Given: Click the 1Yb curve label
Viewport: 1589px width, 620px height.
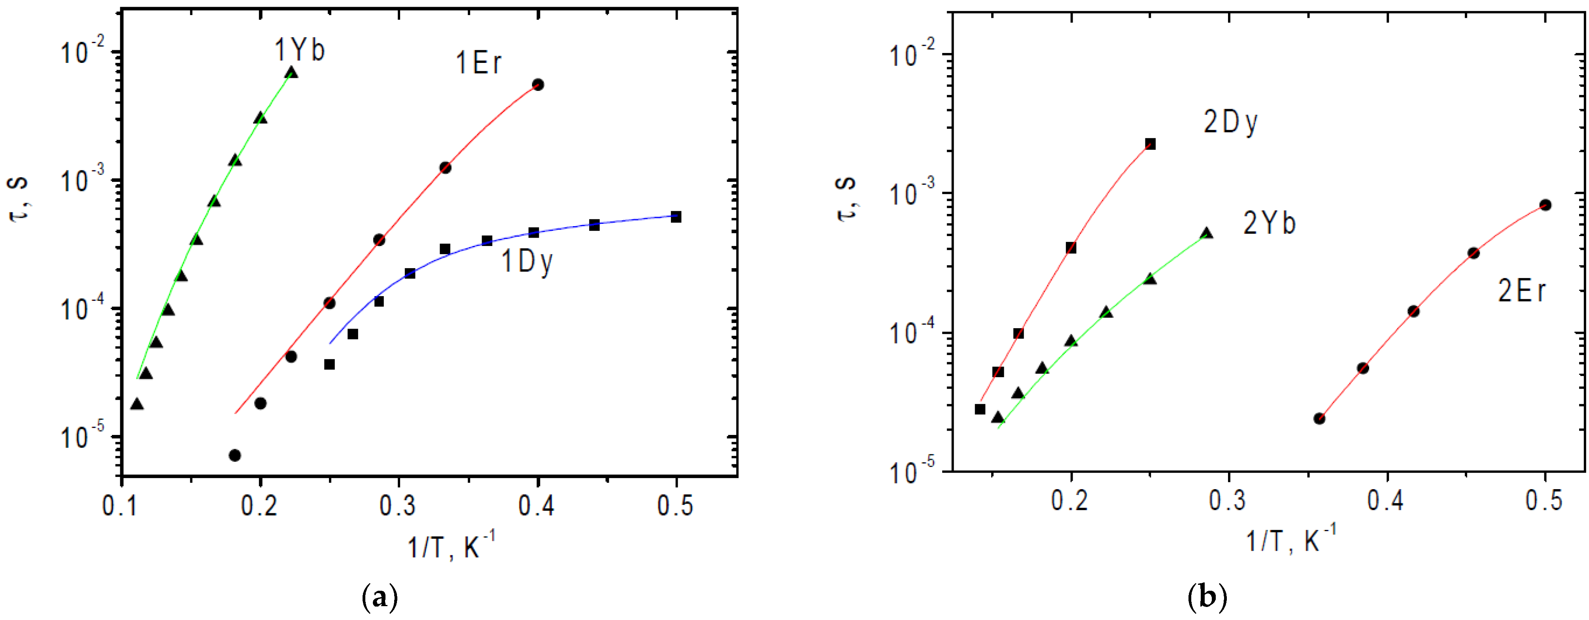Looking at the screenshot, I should pyautogui.click(x=299, y=49).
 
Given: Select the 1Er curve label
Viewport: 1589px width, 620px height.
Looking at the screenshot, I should pyautogui.click(x=479, y=63).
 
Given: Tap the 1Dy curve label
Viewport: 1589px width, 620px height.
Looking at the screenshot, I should pyautogui.click(x=527, y=262).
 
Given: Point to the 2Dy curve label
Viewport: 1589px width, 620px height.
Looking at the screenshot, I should pyautogui.click(x=1231, y=123).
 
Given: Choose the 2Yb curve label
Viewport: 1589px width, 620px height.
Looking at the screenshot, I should pyautogui.click(x=1270, y=223).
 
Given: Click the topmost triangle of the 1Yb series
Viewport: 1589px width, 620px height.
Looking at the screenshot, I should pyautogui.click(x=291, y=73).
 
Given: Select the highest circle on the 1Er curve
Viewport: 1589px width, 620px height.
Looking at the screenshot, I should pyautogui.click(x=537, y=85).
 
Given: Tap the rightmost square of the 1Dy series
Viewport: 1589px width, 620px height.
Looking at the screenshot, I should pyautogui.click(x=676, y=217).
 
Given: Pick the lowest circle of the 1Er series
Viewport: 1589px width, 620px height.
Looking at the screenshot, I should pyautogui.click(x=234, y=455).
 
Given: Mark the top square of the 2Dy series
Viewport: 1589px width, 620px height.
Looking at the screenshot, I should pyautogui.click(x=1150, y=144).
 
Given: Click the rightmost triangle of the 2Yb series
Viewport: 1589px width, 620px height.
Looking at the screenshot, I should pyautogui.click(x=1207, y=233).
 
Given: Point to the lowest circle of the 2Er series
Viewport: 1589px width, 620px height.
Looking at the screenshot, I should pyautogui.click(x=1319, y=418).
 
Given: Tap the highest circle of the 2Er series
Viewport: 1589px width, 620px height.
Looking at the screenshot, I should pyautogui.click(x=1545, y=205).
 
